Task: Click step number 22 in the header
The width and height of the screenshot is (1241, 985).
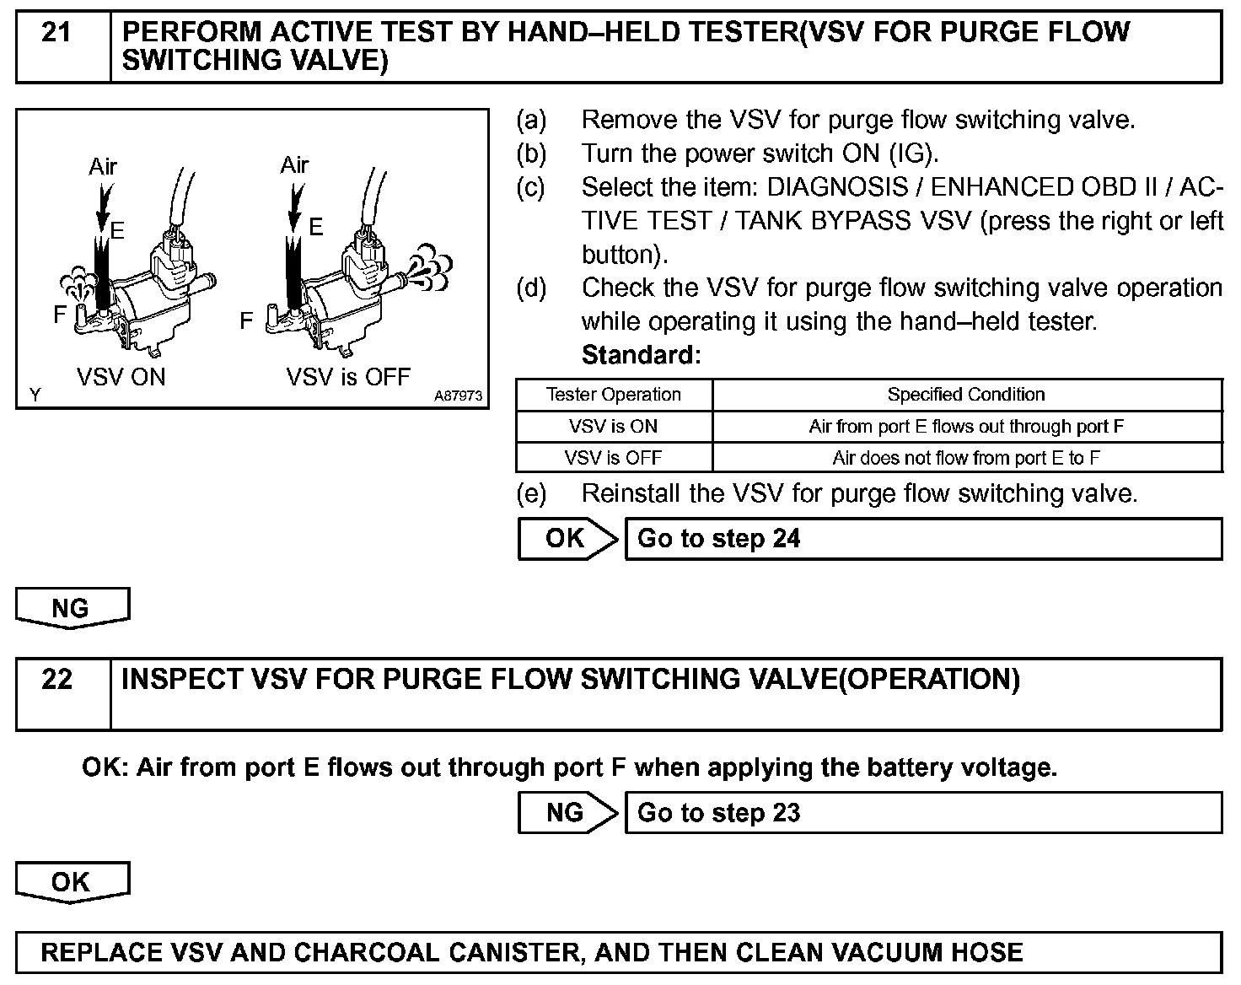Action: pos(56,680)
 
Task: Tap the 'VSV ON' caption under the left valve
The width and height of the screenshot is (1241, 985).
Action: pos(121,377)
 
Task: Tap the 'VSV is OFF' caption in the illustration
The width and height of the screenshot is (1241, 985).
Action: pos(348,377)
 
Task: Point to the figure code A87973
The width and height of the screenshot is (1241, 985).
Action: pos(459,396)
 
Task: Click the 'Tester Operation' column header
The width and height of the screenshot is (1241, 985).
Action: pos(614,395)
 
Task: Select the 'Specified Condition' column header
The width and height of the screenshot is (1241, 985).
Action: pos(966,395)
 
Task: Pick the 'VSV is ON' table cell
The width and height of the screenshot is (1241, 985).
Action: pos(614,427)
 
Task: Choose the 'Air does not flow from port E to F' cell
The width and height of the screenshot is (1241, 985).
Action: pos(966,458)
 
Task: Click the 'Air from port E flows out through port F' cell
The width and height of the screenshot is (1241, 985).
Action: pos(966,427)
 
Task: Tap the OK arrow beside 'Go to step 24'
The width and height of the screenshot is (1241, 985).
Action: pos(567,539)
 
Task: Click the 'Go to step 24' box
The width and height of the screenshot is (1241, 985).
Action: pos(922,539)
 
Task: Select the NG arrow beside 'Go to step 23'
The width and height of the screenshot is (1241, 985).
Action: pos(567,813)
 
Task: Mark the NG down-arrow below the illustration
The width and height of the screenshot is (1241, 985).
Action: pos(72,608)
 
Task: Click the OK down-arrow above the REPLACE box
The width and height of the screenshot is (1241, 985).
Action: pos(72,882)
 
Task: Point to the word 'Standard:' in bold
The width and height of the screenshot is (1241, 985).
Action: pos(641,355)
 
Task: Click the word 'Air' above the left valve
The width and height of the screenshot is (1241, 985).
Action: pos(103,167)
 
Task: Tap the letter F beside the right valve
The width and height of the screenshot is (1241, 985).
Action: pos(246,320)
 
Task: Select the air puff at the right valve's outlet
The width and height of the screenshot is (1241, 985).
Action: pos(429,265)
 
